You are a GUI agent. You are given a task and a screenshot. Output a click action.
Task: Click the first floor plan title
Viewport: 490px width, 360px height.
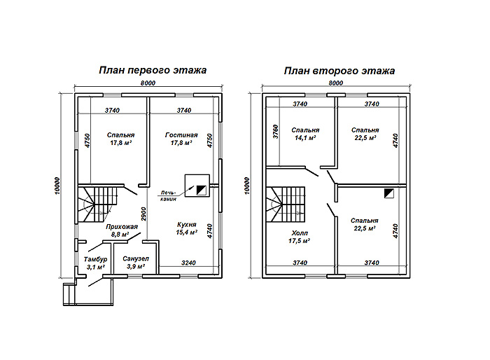153,70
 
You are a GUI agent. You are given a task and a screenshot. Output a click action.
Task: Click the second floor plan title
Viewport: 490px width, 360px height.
339,71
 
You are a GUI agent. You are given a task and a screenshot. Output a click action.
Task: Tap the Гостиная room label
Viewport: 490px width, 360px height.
181,135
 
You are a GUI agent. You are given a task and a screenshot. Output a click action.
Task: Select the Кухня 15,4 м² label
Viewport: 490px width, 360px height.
187,228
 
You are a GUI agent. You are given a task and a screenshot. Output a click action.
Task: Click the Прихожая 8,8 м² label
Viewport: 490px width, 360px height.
122,230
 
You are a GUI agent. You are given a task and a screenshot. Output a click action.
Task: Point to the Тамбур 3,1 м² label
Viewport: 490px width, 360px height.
95,263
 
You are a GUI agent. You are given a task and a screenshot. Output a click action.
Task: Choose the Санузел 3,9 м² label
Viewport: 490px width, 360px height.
136,263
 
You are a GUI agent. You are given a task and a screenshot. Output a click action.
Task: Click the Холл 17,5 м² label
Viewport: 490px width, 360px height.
300,237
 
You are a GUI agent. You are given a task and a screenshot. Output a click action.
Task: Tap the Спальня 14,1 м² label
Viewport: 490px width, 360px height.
305,134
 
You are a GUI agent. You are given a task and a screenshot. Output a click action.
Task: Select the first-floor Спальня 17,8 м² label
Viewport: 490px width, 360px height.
120,139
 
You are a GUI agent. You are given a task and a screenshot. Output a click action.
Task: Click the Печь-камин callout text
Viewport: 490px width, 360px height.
169,195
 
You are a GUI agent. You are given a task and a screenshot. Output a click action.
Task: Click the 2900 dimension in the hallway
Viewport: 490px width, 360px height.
143,214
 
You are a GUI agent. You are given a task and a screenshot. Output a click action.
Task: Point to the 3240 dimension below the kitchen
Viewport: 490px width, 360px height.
188,263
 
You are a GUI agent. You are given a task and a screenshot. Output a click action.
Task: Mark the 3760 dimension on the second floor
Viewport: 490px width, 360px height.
275,132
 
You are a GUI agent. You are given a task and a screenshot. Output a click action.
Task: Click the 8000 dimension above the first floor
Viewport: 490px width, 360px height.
148,83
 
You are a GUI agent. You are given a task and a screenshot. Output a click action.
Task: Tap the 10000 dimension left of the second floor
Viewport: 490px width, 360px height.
247,186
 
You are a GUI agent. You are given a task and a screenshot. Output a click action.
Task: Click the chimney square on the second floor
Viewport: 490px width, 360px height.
389,193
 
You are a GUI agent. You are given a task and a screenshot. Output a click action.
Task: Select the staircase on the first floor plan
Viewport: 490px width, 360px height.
97,205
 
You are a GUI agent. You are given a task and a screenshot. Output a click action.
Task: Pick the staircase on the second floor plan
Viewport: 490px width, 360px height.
286,205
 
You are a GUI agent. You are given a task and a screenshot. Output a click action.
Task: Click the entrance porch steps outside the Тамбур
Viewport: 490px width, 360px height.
69,294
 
